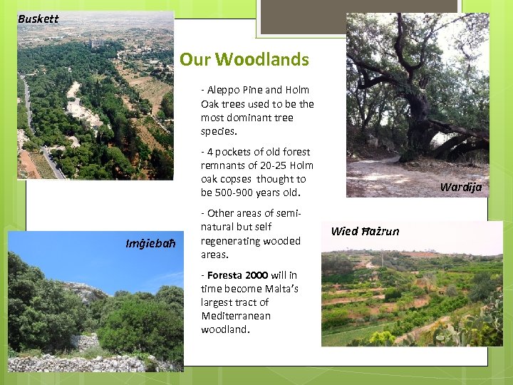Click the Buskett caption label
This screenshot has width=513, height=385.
pos(38,19)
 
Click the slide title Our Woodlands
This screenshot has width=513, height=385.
pos(244,59)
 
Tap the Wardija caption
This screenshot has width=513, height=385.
pos(460,188)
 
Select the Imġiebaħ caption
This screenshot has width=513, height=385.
pos(150,245)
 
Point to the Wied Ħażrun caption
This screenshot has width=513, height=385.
pos(365,230)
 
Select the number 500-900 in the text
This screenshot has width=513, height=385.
pos(239,193)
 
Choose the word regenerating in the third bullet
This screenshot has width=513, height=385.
pos(229,241)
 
